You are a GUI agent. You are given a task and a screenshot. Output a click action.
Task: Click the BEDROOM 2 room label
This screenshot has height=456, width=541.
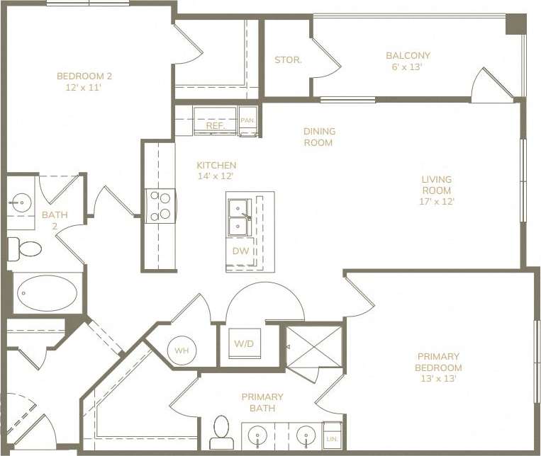[x=84, y=76]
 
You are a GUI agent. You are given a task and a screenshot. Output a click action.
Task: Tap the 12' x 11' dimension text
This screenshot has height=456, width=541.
[x=84, y=88]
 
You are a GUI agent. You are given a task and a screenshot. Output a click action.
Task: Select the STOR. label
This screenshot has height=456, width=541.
[x=288, y=60]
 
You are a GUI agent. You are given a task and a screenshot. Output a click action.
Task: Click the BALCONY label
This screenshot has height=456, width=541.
[x=408, y=55]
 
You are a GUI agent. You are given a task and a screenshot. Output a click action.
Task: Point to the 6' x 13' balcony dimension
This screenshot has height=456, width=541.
[x=408, y=67]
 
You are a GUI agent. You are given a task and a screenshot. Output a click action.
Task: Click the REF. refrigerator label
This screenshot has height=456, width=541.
[x=216, y=125]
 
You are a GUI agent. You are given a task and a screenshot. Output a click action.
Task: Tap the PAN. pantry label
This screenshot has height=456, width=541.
[x=247, y=120]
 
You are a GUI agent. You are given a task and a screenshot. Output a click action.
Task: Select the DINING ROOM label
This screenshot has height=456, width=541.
[x=319, y=137]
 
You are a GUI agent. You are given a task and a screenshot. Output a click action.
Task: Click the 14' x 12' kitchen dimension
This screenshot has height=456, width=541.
[x=216, y=176]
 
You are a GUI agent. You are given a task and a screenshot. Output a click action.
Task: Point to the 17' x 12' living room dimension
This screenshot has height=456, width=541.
[x=436, y=201]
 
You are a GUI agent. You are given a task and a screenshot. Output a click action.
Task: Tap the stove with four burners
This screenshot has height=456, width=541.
[x=160, y=205]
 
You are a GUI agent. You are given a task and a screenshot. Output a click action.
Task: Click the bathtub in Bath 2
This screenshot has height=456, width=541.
[x=47, y=292]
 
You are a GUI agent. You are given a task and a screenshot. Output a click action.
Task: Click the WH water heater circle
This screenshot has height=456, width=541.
[x=181, y=350]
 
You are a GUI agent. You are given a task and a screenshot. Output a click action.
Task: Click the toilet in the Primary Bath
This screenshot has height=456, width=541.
[x=222, y=431]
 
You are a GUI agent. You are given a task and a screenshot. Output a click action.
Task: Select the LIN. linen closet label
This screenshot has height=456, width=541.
[x=331, y=439]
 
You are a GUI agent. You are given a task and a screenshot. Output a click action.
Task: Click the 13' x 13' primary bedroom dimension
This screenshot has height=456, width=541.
[x=438, y=379]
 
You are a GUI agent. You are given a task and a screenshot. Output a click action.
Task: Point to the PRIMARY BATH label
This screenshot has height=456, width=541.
[x=262, y=402]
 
